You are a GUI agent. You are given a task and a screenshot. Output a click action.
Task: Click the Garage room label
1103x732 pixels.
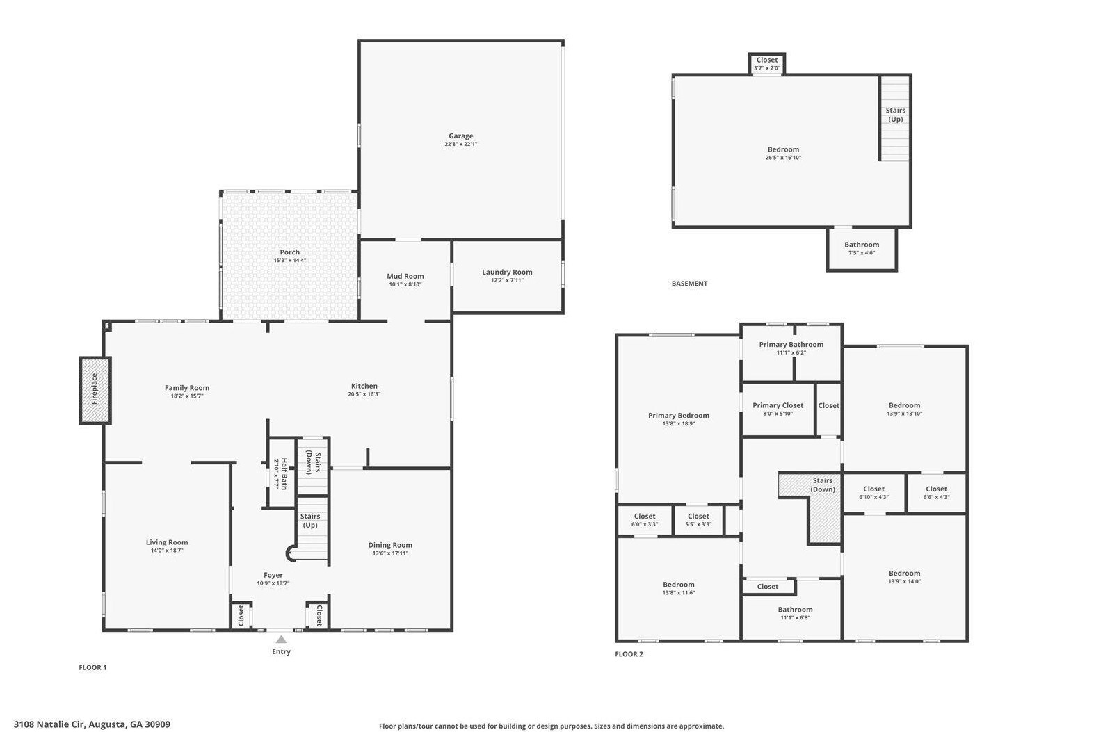460,136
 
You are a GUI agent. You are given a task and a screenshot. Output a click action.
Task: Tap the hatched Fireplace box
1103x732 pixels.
95,390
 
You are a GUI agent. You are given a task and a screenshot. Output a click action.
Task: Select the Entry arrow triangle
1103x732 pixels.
281,640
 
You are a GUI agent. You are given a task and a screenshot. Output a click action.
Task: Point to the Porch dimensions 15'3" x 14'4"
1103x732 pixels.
290,261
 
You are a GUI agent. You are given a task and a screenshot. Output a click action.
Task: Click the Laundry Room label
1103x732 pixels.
507,272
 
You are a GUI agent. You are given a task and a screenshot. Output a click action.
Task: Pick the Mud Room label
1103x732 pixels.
405,276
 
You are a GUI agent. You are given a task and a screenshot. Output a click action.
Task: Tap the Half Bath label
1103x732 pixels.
284,474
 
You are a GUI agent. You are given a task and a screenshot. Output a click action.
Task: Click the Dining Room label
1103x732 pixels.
390,545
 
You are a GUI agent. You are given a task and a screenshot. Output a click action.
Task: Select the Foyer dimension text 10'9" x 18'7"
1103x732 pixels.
273,583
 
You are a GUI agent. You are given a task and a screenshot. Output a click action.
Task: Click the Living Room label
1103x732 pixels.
167,542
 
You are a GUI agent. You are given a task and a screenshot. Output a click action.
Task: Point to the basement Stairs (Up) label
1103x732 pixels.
895,115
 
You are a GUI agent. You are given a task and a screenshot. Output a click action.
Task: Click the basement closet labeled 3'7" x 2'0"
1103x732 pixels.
767,63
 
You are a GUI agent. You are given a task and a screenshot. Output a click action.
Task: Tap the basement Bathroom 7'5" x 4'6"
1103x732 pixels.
862,249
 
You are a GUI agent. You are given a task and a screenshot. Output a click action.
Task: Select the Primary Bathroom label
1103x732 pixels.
791,345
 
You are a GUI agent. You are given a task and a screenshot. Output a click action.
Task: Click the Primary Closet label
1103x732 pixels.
778,406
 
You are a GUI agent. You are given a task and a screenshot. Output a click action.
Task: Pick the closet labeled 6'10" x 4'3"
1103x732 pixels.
874,493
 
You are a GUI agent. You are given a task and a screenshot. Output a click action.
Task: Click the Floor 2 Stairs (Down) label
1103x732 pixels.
823,485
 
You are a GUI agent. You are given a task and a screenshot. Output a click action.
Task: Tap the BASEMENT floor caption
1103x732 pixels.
689,284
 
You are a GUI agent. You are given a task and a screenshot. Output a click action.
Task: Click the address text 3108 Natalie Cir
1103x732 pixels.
49,724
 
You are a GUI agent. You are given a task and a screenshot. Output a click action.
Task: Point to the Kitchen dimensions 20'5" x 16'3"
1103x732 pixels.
364,394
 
